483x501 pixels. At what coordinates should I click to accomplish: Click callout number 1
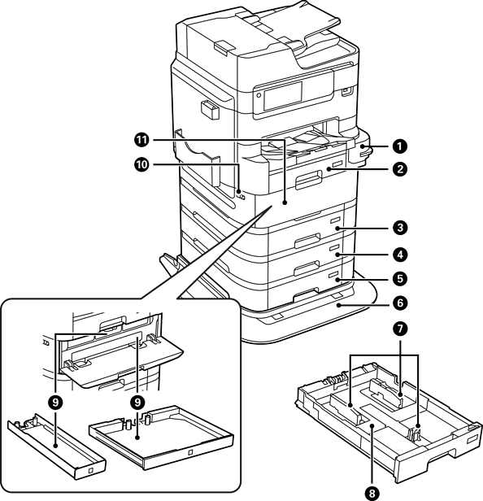tap(400, 146)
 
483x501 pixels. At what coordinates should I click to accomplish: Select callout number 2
tap(400, 168)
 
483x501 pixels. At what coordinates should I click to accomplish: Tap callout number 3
tap(400, 228)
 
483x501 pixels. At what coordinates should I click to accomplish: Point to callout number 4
tap(400, 255)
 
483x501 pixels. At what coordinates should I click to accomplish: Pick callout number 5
tap(400, 278)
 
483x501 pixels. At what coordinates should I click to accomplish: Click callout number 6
tap(400, 303)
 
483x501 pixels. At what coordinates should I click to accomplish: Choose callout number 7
tap(400, 329)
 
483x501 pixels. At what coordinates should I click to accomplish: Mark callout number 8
tap(372, 494)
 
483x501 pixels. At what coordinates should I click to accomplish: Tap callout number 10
tap(141, 165)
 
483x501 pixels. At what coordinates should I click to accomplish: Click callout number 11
tap(141, 140)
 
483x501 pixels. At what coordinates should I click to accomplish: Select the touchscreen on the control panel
tap(283, 95)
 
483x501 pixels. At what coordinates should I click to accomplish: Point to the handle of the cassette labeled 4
tap(307, 268)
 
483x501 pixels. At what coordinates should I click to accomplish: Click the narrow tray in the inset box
tap(57, 446)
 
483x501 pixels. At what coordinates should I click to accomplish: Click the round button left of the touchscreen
tap(259, 95)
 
